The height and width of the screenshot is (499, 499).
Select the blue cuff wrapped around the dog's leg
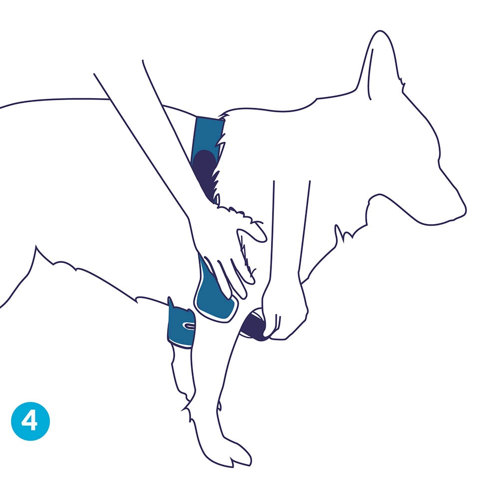pos(181,327)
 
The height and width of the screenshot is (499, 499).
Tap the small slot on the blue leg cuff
pos(189,326)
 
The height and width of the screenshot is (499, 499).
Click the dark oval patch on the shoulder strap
pos(205,170)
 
